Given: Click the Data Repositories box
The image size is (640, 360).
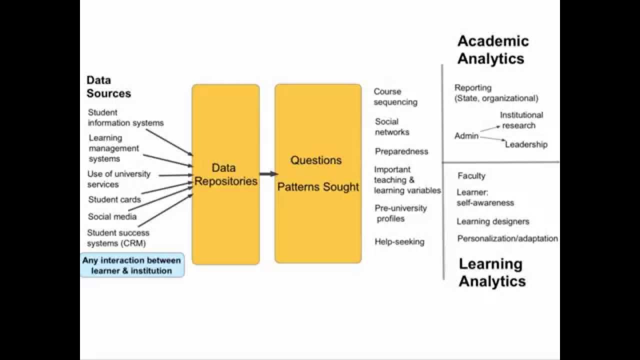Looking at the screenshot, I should (225, 174).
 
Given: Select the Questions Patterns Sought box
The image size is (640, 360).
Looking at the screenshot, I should (318, 173).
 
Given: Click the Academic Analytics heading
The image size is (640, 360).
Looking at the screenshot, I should (492, 49).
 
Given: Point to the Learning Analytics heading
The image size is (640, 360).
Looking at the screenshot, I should (492, 272).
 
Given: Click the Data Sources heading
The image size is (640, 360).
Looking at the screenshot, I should (108, 86).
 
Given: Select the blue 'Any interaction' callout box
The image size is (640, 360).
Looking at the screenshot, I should (132, 265).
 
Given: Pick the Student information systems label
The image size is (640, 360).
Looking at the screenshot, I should (125, 117).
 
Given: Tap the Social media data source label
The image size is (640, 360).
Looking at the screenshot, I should (112, 216).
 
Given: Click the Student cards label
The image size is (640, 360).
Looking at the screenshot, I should (114, 199).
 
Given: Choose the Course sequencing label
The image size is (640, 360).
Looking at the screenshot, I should (395, 97).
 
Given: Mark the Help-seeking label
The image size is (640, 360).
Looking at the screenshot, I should (399, 242).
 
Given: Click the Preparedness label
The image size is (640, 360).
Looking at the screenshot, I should (401, 151).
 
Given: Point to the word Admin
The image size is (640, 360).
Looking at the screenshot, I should (466, 136).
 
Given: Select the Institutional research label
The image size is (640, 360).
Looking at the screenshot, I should (520, 120).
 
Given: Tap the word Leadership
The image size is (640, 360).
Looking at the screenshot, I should (526, 144).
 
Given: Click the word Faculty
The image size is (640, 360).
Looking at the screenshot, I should (471, 176).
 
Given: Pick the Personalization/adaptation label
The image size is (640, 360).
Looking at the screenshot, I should (507, 238).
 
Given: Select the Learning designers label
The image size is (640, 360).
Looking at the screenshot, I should (492, 221).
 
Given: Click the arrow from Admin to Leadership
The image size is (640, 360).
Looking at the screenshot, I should (492, 139).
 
